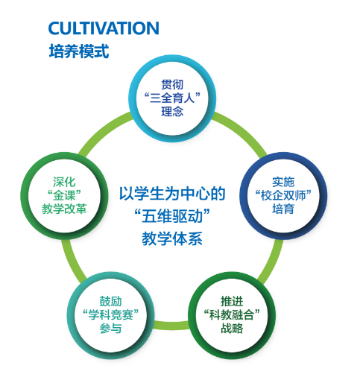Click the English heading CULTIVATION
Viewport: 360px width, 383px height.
(104, 28)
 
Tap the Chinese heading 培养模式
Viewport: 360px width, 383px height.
(79, 51)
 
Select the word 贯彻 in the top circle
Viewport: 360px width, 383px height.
(172, 84)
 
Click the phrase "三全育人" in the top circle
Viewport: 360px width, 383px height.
(172, 98)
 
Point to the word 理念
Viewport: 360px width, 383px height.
(172, 111)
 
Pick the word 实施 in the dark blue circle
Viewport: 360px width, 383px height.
(283, 182)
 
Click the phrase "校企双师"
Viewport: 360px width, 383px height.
(283, 195)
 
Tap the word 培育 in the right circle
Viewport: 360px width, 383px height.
(283, 209)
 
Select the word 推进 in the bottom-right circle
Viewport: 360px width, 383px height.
(232, 302)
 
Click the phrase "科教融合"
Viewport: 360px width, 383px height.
(232, 315)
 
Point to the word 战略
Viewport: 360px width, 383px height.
(232, 329)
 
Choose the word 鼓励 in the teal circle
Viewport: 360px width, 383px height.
(110, 302)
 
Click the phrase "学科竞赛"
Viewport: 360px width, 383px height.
(110, 315)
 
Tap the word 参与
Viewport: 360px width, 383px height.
(110, 329)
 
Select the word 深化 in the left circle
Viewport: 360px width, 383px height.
(64, 182)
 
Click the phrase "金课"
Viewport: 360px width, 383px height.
(64, 195)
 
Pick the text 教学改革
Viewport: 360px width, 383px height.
(64, 209)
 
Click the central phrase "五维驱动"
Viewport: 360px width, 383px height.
(172, 216)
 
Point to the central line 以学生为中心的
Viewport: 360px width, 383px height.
(172, 194)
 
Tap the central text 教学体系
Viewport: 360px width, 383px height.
(172, 238)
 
